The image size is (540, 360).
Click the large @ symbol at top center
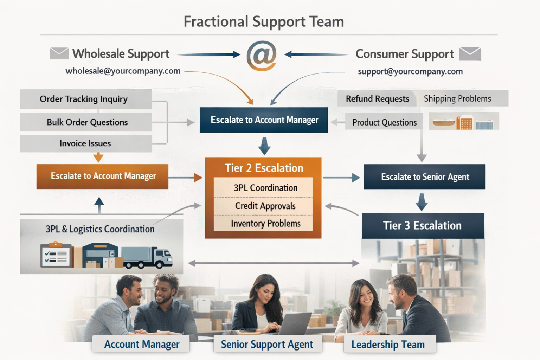[262, 56]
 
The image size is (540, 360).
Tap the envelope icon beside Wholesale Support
[59, 53]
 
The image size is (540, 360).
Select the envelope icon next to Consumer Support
[470, 54]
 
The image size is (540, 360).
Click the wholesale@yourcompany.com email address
[123, 71]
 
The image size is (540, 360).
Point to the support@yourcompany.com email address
[410, 71]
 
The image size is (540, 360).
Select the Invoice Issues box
[86, 143]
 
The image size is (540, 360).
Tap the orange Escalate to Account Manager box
[102, 176]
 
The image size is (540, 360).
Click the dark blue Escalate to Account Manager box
[264, 120]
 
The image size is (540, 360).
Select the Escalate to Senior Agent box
[424, 177]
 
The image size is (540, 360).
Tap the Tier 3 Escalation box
[423, 226]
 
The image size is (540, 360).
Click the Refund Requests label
[377, 99]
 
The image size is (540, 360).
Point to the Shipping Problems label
[457, 99]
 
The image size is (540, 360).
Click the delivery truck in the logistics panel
[148, 257]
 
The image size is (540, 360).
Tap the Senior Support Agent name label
[267, 345]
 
